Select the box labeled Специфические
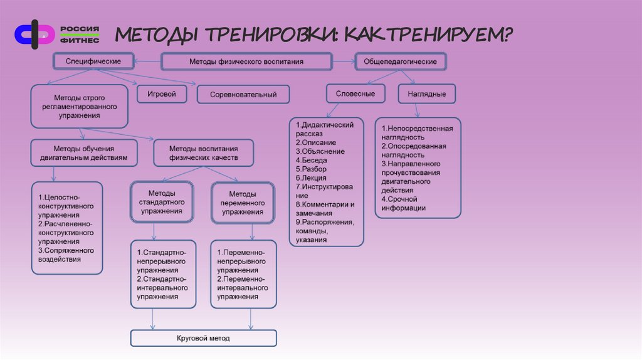click(94, 61)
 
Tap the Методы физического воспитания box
click(246, 61)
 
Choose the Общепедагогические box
click(401, 61)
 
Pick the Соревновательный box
click(243, 95)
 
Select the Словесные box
click(355, 93)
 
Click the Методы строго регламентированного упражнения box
click(79, 107)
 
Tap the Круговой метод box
click(203, 339)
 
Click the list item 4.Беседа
click(311, 160)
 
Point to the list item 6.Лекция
click(311, 177)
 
